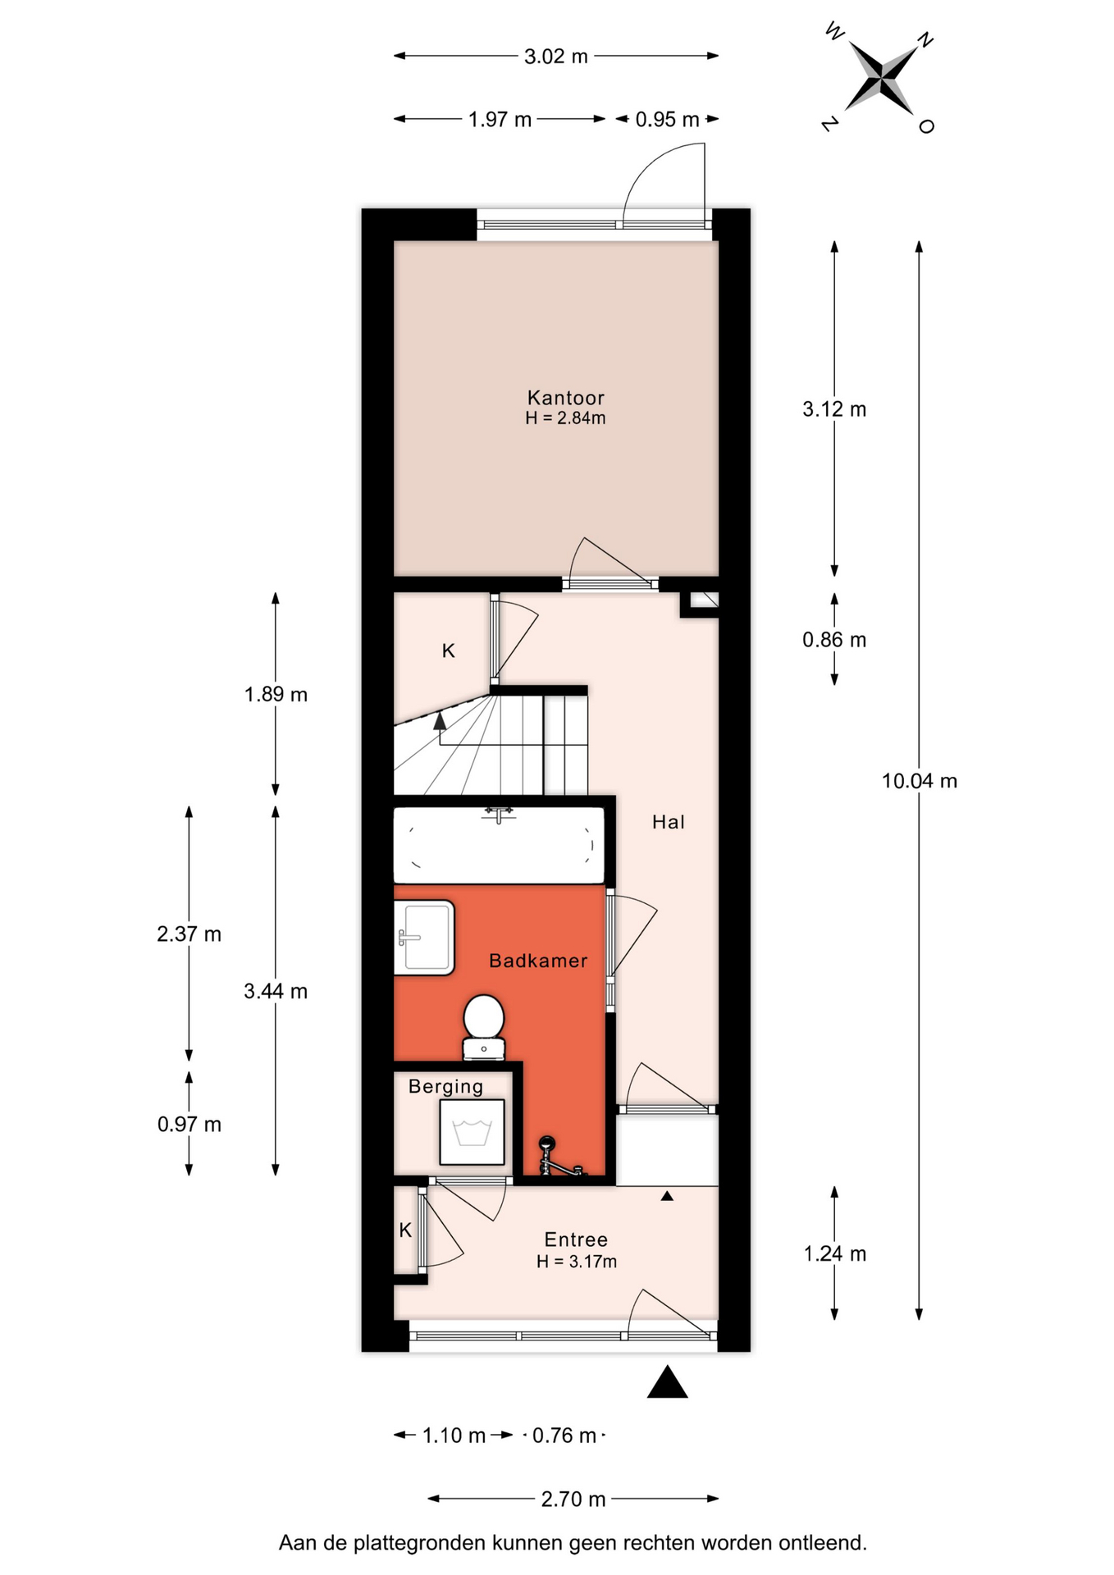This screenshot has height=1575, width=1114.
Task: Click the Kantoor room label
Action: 565,398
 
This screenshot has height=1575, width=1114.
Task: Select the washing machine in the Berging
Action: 472,1132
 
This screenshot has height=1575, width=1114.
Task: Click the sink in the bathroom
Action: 424,938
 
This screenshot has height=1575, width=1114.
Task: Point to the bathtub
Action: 499,845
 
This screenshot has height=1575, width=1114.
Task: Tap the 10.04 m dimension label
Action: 919,781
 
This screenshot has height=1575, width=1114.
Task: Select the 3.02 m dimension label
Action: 556,57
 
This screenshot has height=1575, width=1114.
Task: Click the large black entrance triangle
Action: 667,1382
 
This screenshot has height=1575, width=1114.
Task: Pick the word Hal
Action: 668,822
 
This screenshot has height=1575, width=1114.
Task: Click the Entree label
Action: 576,1239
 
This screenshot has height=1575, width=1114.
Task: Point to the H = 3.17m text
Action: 576,1262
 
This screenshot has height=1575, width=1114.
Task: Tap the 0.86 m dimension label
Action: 834,640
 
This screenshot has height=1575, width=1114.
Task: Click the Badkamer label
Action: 538,961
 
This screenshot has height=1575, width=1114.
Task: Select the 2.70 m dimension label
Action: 573,1500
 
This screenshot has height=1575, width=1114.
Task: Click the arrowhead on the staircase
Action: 440,721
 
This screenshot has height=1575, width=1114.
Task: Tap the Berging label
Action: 445,1087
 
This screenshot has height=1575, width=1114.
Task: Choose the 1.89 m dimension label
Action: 276,695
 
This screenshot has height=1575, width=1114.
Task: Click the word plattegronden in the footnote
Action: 419,1543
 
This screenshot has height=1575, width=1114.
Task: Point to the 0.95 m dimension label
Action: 667,120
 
